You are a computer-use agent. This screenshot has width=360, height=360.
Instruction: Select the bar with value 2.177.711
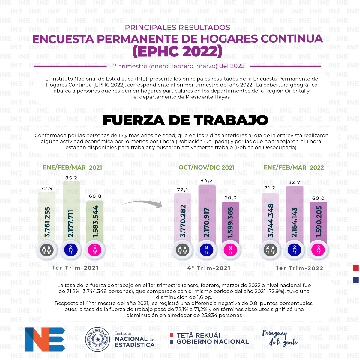click(x=71, y=213)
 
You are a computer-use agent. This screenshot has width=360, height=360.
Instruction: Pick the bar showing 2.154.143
click(x=295, y=215)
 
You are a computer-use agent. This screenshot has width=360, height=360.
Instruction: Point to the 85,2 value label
click(x=71, y=178)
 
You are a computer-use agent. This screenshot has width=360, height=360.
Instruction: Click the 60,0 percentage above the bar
click(x=318, y=198)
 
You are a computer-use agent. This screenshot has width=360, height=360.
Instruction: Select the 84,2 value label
click(x=207, y=180)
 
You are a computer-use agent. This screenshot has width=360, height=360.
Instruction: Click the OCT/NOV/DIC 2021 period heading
click(x=207, y=167)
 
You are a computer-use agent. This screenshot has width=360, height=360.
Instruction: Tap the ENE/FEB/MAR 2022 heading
click(x=294, y=167)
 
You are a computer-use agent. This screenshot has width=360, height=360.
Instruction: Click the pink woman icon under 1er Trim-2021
click(x=95, y=250)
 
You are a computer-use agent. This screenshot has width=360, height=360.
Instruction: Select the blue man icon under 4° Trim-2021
click(x=207, y=250)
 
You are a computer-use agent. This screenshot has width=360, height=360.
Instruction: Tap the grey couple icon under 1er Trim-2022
click(x=270, y=250)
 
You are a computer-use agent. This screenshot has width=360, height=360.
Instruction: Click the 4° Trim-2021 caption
click(x=209, y=268)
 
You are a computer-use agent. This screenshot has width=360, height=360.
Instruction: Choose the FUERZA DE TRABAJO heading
click(x=185, y=120)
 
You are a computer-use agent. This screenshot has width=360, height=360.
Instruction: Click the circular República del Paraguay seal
click(x=97, y=339)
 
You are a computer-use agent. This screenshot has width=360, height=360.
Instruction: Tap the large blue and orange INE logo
click(x=45, y=339)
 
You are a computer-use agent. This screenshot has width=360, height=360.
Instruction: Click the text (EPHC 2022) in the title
click(x=178, y=51)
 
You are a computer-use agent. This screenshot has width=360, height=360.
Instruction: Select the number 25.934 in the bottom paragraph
click(x=209, y=315)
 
